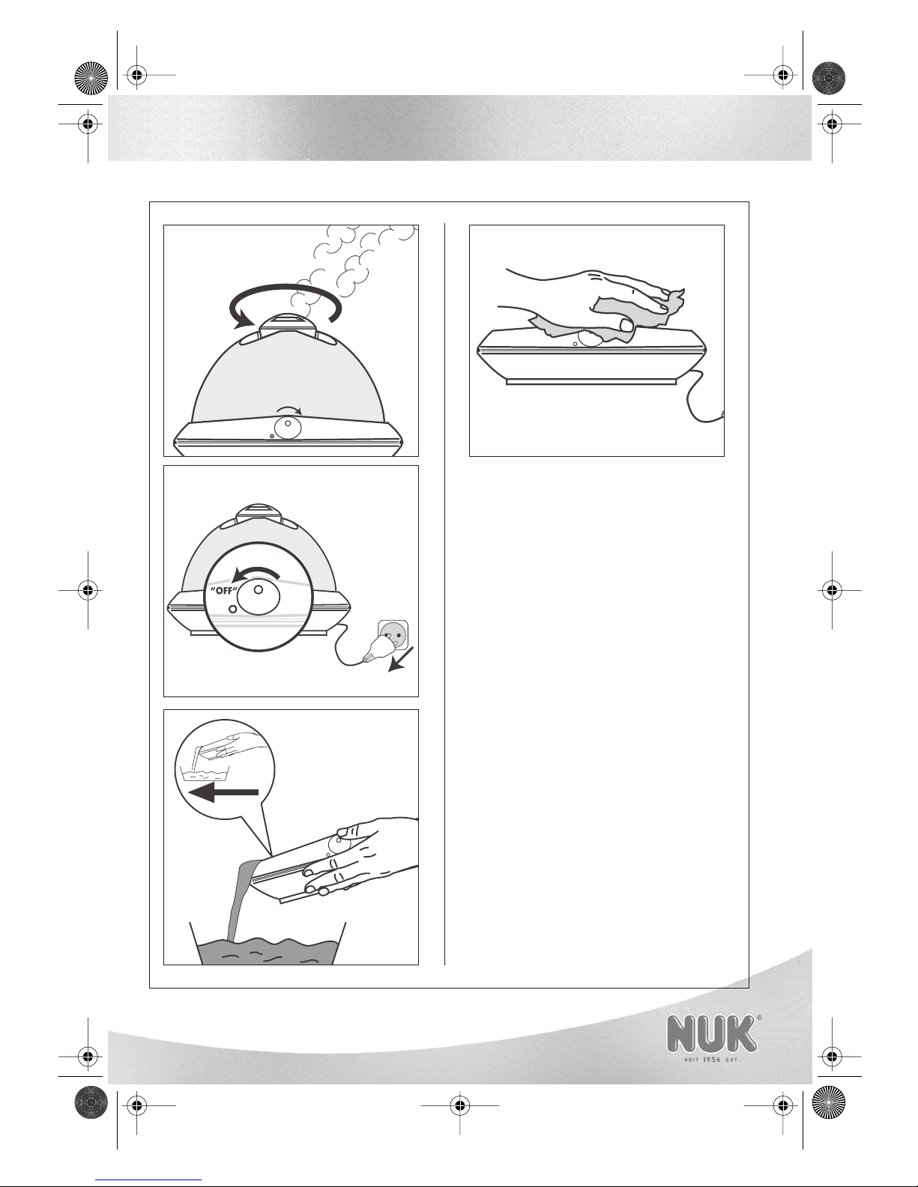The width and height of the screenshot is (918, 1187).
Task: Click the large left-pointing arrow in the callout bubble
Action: [x=223, y=792]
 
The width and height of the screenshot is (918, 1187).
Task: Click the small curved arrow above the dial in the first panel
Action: [x=289, y=410]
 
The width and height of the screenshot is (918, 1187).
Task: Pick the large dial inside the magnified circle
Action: [x=259, y=596]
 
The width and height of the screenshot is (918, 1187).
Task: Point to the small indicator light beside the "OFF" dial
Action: [x=232, y=609]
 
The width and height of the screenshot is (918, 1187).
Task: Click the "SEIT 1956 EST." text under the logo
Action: [x=711, y=1059]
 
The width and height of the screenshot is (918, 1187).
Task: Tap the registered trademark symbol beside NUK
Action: [x=758, y=1018]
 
